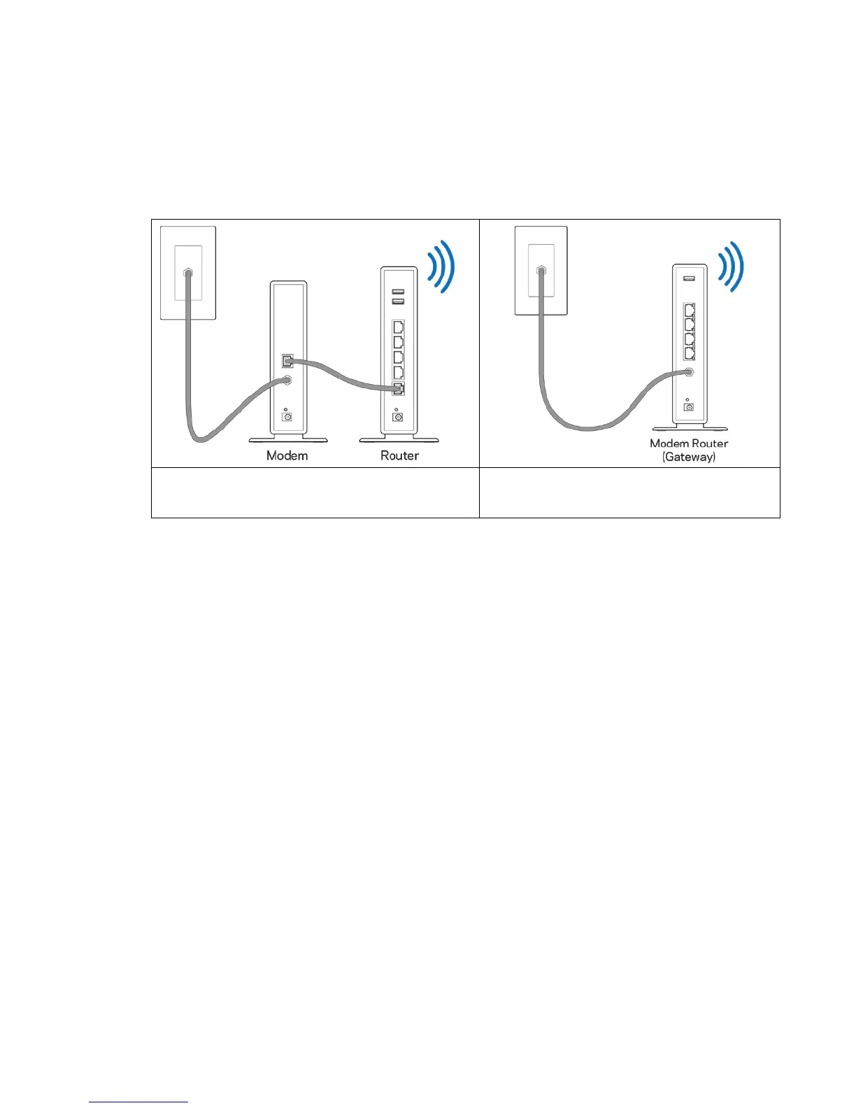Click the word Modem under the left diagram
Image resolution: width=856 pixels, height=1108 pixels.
pyautogui.click(x=287, y=455)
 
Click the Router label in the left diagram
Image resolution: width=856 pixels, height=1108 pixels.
pyautogui.click(x=399, y=455)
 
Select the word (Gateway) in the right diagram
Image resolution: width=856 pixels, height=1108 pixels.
pyautogui.click(x=689, y=457)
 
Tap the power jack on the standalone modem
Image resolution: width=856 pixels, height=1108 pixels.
pyautogui.click(x=286, y=416)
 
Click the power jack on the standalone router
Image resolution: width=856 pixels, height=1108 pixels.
pyautogui.click(x=398, y=417)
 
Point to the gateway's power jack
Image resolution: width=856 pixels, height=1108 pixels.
pyautogui.click(x=689, y=406)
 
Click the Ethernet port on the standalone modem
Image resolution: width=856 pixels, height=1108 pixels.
pyautogui.click(x=287, y=361)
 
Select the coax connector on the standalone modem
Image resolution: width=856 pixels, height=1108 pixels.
pyautogui.click(x=287, y=380)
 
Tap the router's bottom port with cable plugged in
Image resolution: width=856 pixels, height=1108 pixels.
pyautogui.click(x=398, y=390)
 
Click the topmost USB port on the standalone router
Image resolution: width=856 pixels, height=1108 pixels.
pyautogui.click(x=398, y=290)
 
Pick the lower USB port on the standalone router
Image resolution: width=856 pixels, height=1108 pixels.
pyautogui.click(x=398, y=301)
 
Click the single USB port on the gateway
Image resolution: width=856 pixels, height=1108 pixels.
pyautogui.click(x=689, y=279)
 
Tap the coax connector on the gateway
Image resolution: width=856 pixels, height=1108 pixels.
pyautogui.click(x=690, y=372)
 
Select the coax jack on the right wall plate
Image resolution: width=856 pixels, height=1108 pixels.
pyautogui.click(x=540, y=269)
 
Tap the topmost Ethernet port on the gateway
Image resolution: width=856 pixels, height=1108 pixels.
pyautogui.click(x=689, y=311)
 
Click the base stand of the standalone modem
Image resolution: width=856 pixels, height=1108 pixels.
pyautogui.click(x=288, y=439)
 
